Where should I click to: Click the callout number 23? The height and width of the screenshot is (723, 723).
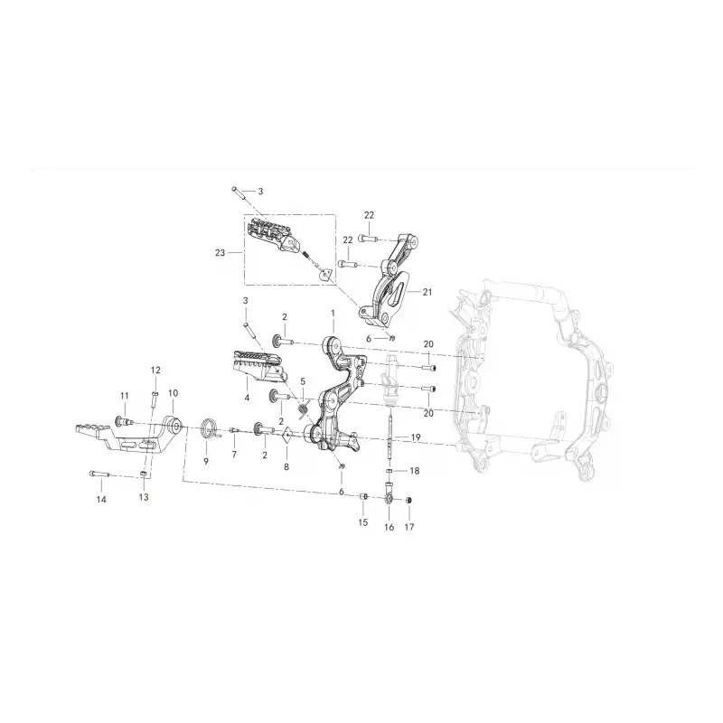(x=220, y=253)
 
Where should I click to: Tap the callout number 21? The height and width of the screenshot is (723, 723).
(x=427, y=292)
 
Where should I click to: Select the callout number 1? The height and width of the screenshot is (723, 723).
(x=333, y=313)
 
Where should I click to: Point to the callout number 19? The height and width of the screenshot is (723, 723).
(x=416, y=437)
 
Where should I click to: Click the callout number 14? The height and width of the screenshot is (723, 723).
(x=101, y=500)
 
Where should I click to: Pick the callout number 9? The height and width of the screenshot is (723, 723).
(x=206, y=461)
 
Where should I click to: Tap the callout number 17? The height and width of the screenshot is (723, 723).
(x=409, y=527)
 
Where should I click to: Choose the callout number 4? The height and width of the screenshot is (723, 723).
(x=247, y=397)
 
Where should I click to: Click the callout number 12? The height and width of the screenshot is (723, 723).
(x=155, y=370)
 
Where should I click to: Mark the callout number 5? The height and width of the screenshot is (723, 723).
(x=303, y=381)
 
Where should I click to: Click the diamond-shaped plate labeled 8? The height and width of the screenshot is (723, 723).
(x=286, y=435)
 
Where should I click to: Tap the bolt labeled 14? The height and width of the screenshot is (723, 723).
(x=99, y=474)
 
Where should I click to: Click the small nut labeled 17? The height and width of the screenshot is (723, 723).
(x=408, y=501)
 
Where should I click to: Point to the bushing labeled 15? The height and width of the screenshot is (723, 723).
(x=363, y=496)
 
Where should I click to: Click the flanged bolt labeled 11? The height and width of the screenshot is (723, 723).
(x=124, y=420)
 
